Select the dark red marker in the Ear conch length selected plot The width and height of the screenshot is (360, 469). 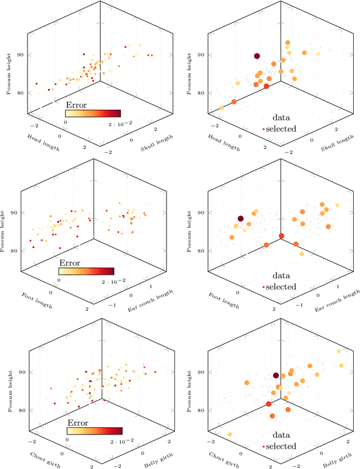click(x=240, y=218)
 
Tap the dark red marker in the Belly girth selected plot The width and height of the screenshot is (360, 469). click(x=276, y=376)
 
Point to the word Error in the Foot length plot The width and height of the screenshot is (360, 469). click(x=69, y=263)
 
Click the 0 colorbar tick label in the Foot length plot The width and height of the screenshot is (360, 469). click(x=59, y=280)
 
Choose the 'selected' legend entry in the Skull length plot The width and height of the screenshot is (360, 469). click(x=280, y=129)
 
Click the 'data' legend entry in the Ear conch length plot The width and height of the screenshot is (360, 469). click(x=281, y=276)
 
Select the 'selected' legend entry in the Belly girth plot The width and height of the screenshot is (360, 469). click(x=280, y=446)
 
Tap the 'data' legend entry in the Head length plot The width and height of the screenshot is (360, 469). click(x=281, y=118)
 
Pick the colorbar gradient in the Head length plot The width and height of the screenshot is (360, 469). click(x=93, y=113)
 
